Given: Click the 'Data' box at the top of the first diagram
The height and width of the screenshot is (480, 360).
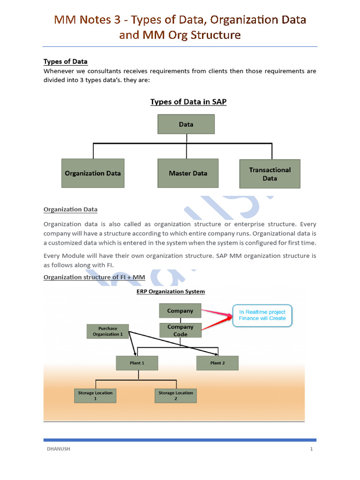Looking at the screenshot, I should coord(186,124).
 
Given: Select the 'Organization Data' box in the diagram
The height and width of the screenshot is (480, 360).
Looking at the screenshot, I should coord(93,173).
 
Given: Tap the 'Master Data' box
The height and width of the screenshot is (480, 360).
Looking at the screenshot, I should coord(188,173).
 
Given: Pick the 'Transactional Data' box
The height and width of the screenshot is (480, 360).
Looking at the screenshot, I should coord(270,174).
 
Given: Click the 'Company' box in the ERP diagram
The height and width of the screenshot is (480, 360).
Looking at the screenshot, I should coord(180,311).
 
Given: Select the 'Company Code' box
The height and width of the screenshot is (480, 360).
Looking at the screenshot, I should coord(180,330).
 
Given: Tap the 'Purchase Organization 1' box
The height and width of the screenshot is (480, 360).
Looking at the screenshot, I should coord(107,331).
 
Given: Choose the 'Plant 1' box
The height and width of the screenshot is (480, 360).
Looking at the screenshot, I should coord(137,363).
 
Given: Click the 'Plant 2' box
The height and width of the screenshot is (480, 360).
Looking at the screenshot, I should coord(217,363).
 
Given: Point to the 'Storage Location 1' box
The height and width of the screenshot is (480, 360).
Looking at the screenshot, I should coord(95,396).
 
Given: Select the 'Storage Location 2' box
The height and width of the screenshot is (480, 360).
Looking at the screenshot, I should coord(175,396).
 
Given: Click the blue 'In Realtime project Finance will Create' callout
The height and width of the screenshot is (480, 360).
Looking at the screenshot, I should coord(265,315).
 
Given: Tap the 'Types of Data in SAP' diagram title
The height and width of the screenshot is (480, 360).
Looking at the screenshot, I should coord(188,102).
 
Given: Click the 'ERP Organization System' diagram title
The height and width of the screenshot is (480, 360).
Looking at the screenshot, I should coord(171,292).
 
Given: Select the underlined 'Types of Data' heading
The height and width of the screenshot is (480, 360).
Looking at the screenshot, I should coord(66,62).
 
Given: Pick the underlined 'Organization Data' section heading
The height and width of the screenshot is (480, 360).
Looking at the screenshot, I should coord(70,210).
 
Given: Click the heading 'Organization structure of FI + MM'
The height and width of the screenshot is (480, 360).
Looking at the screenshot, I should coord(94,277).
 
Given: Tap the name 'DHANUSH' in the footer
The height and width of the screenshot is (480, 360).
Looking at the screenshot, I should coord(59,449).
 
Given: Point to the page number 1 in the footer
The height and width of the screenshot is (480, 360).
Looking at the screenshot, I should coord(311,449).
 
